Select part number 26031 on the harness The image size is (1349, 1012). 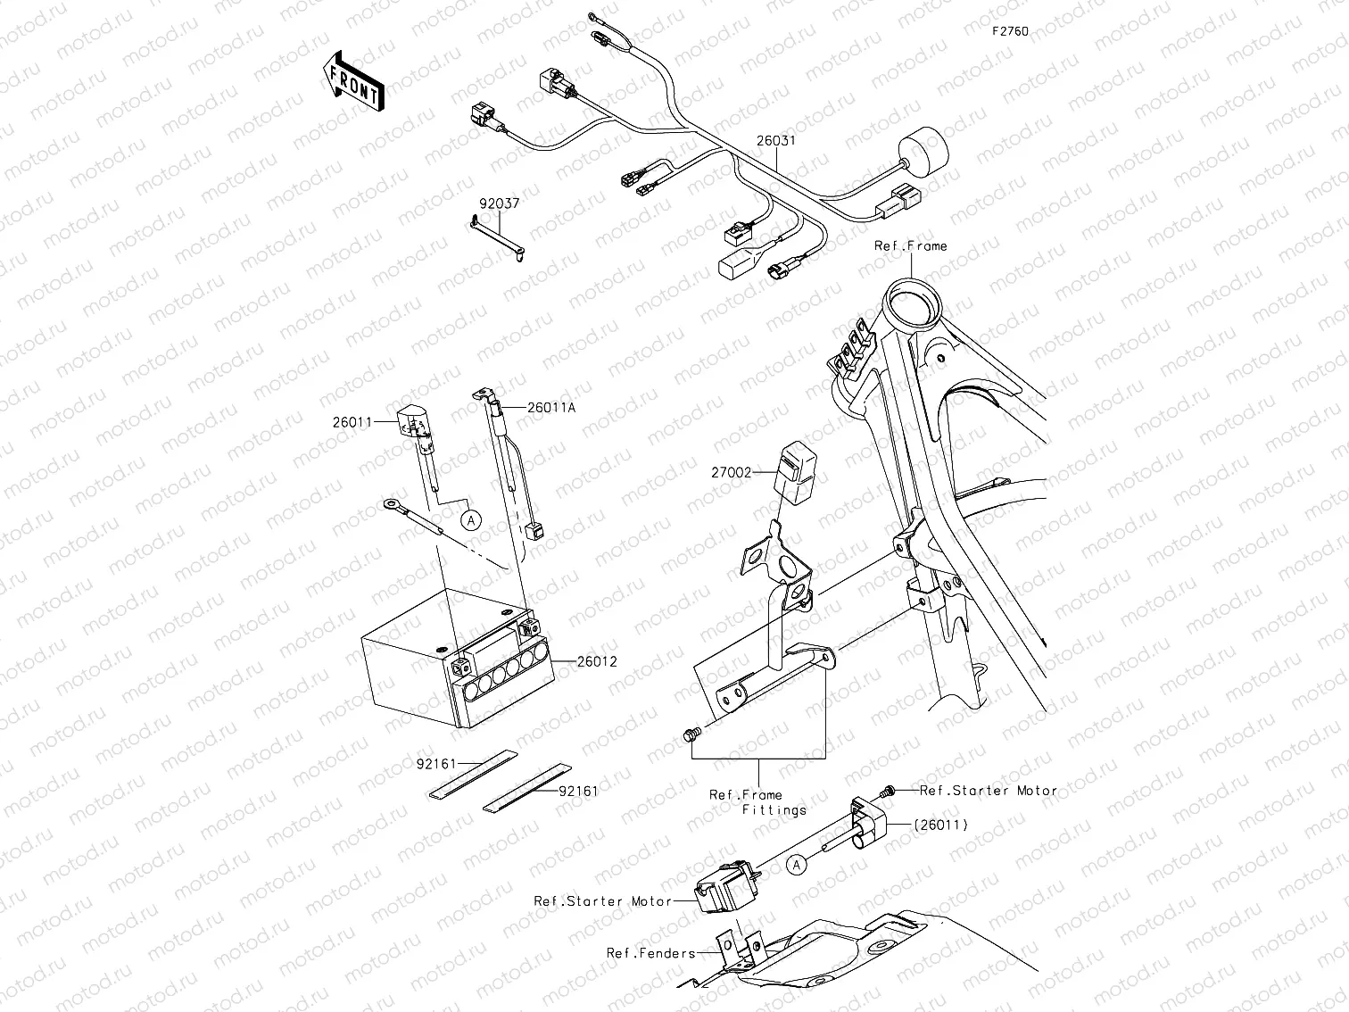click(775, 141)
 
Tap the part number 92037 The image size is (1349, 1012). click(499, 204)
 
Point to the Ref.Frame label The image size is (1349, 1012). click(910, 245)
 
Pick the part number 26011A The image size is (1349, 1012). click(551, 407)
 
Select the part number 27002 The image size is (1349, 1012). click(732, 473)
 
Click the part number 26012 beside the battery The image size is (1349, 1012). click(597, 662)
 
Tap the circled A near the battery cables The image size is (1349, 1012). click(470, 518)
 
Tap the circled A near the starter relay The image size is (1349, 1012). click(797, 864)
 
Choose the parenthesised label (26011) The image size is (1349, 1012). click(940, 825)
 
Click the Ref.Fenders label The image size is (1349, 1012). click(650, 953)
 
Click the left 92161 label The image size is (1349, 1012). click(436, 764)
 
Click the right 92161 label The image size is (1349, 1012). click(579, 791)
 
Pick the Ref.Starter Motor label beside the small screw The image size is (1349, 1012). click(988, 791)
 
